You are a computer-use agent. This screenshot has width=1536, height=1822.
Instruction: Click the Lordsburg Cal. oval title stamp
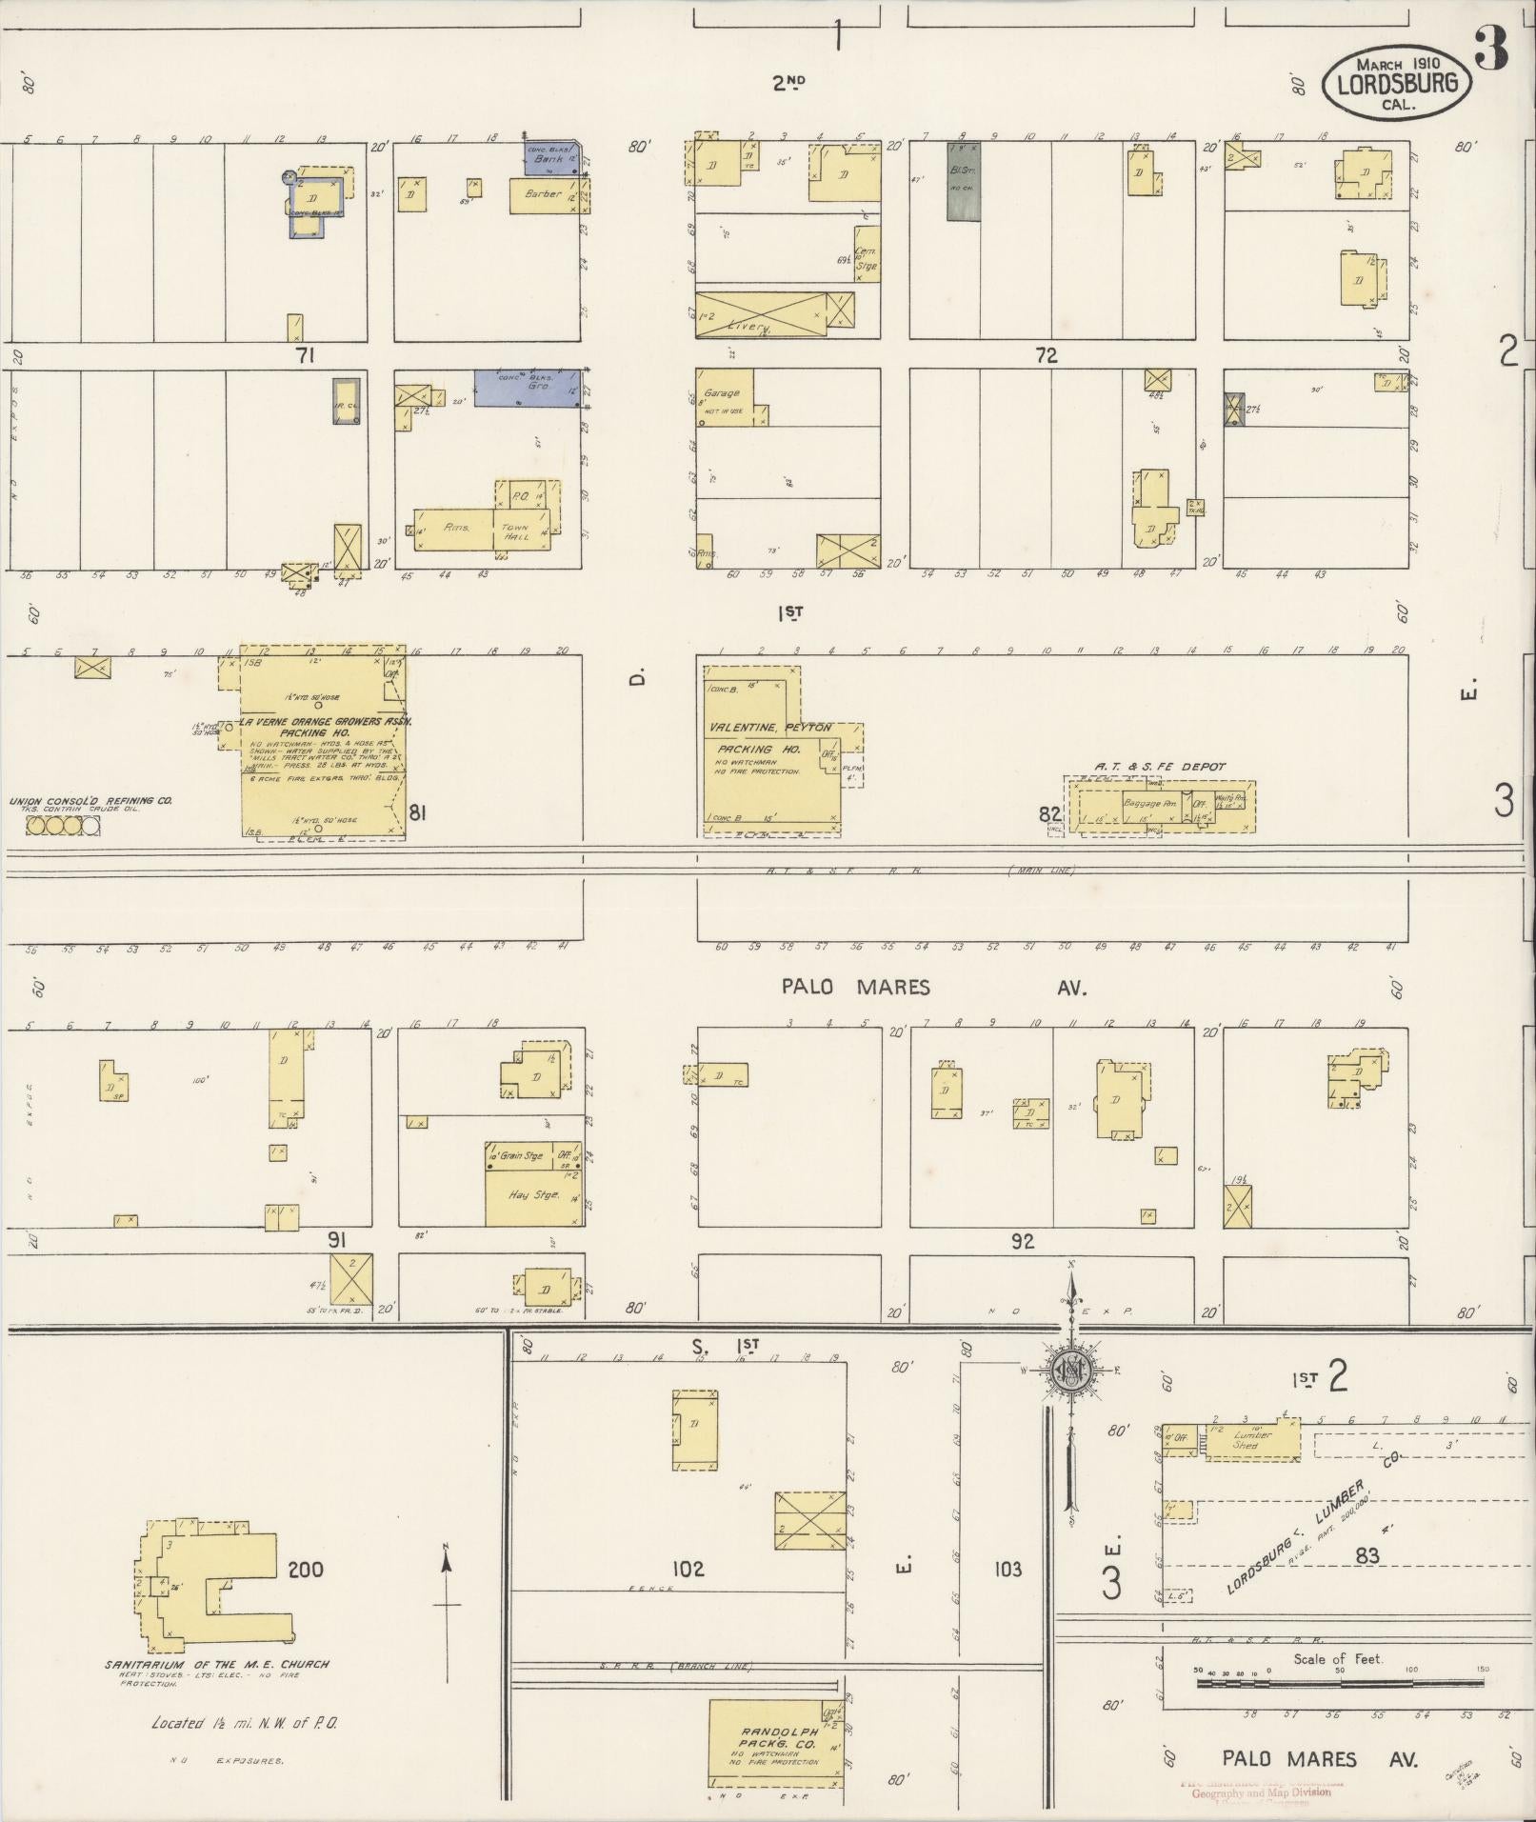click(x=1395, y=82)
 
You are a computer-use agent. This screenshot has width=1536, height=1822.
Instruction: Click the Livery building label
click(x=748, y=327)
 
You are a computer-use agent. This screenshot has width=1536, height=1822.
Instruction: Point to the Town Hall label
click(x=515, y=531)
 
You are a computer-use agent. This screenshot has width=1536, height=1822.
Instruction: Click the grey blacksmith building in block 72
click(x=963, y=181)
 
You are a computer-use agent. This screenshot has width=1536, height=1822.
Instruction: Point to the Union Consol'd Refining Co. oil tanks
click(x=63, y=826)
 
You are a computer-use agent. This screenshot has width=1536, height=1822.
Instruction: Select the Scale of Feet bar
click(x=1338, y=1683)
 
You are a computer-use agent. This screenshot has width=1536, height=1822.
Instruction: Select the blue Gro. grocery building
click(x=527, y=389)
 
